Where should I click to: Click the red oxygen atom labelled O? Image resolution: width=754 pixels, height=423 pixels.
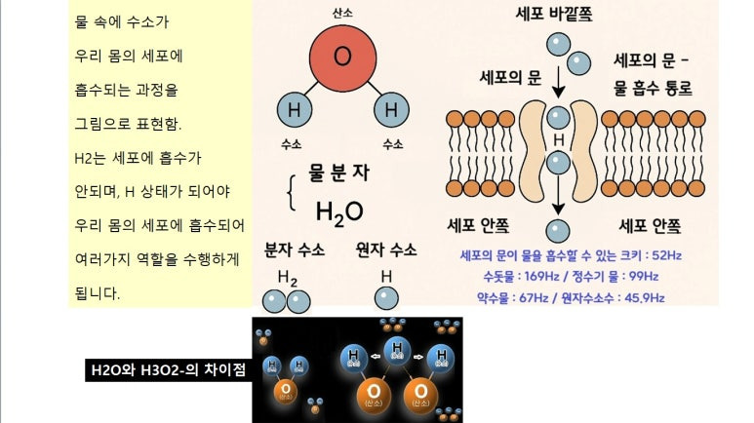pos(341,58)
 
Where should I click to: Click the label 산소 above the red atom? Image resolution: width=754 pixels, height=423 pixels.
pos(341,12)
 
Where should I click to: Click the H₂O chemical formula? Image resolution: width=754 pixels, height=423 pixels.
pos(339,211)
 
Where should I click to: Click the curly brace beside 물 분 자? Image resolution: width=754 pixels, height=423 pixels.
pos(290,191)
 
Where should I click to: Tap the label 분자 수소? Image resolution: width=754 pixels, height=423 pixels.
pos(295,250)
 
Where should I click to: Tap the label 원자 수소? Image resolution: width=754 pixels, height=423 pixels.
pos(386,250)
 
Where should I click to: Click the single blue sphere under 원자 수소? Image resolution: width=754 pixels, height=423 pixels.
pos(386,300)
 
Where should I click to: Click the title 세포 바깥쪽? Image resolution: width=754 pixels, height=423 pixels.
pos(554,15)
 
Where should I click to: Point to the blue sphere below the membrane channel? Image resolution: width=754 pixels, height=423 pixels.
pos(558,231)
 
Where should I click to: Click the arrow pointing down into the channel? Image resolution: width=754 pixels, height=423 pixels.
pos(558,87)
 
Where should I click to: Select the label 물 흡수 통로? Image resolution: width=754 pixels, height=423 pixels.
pos(654,88)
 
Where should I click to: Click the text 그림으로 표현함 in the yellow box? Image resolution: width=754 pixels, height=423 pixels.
pos(128,124)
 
